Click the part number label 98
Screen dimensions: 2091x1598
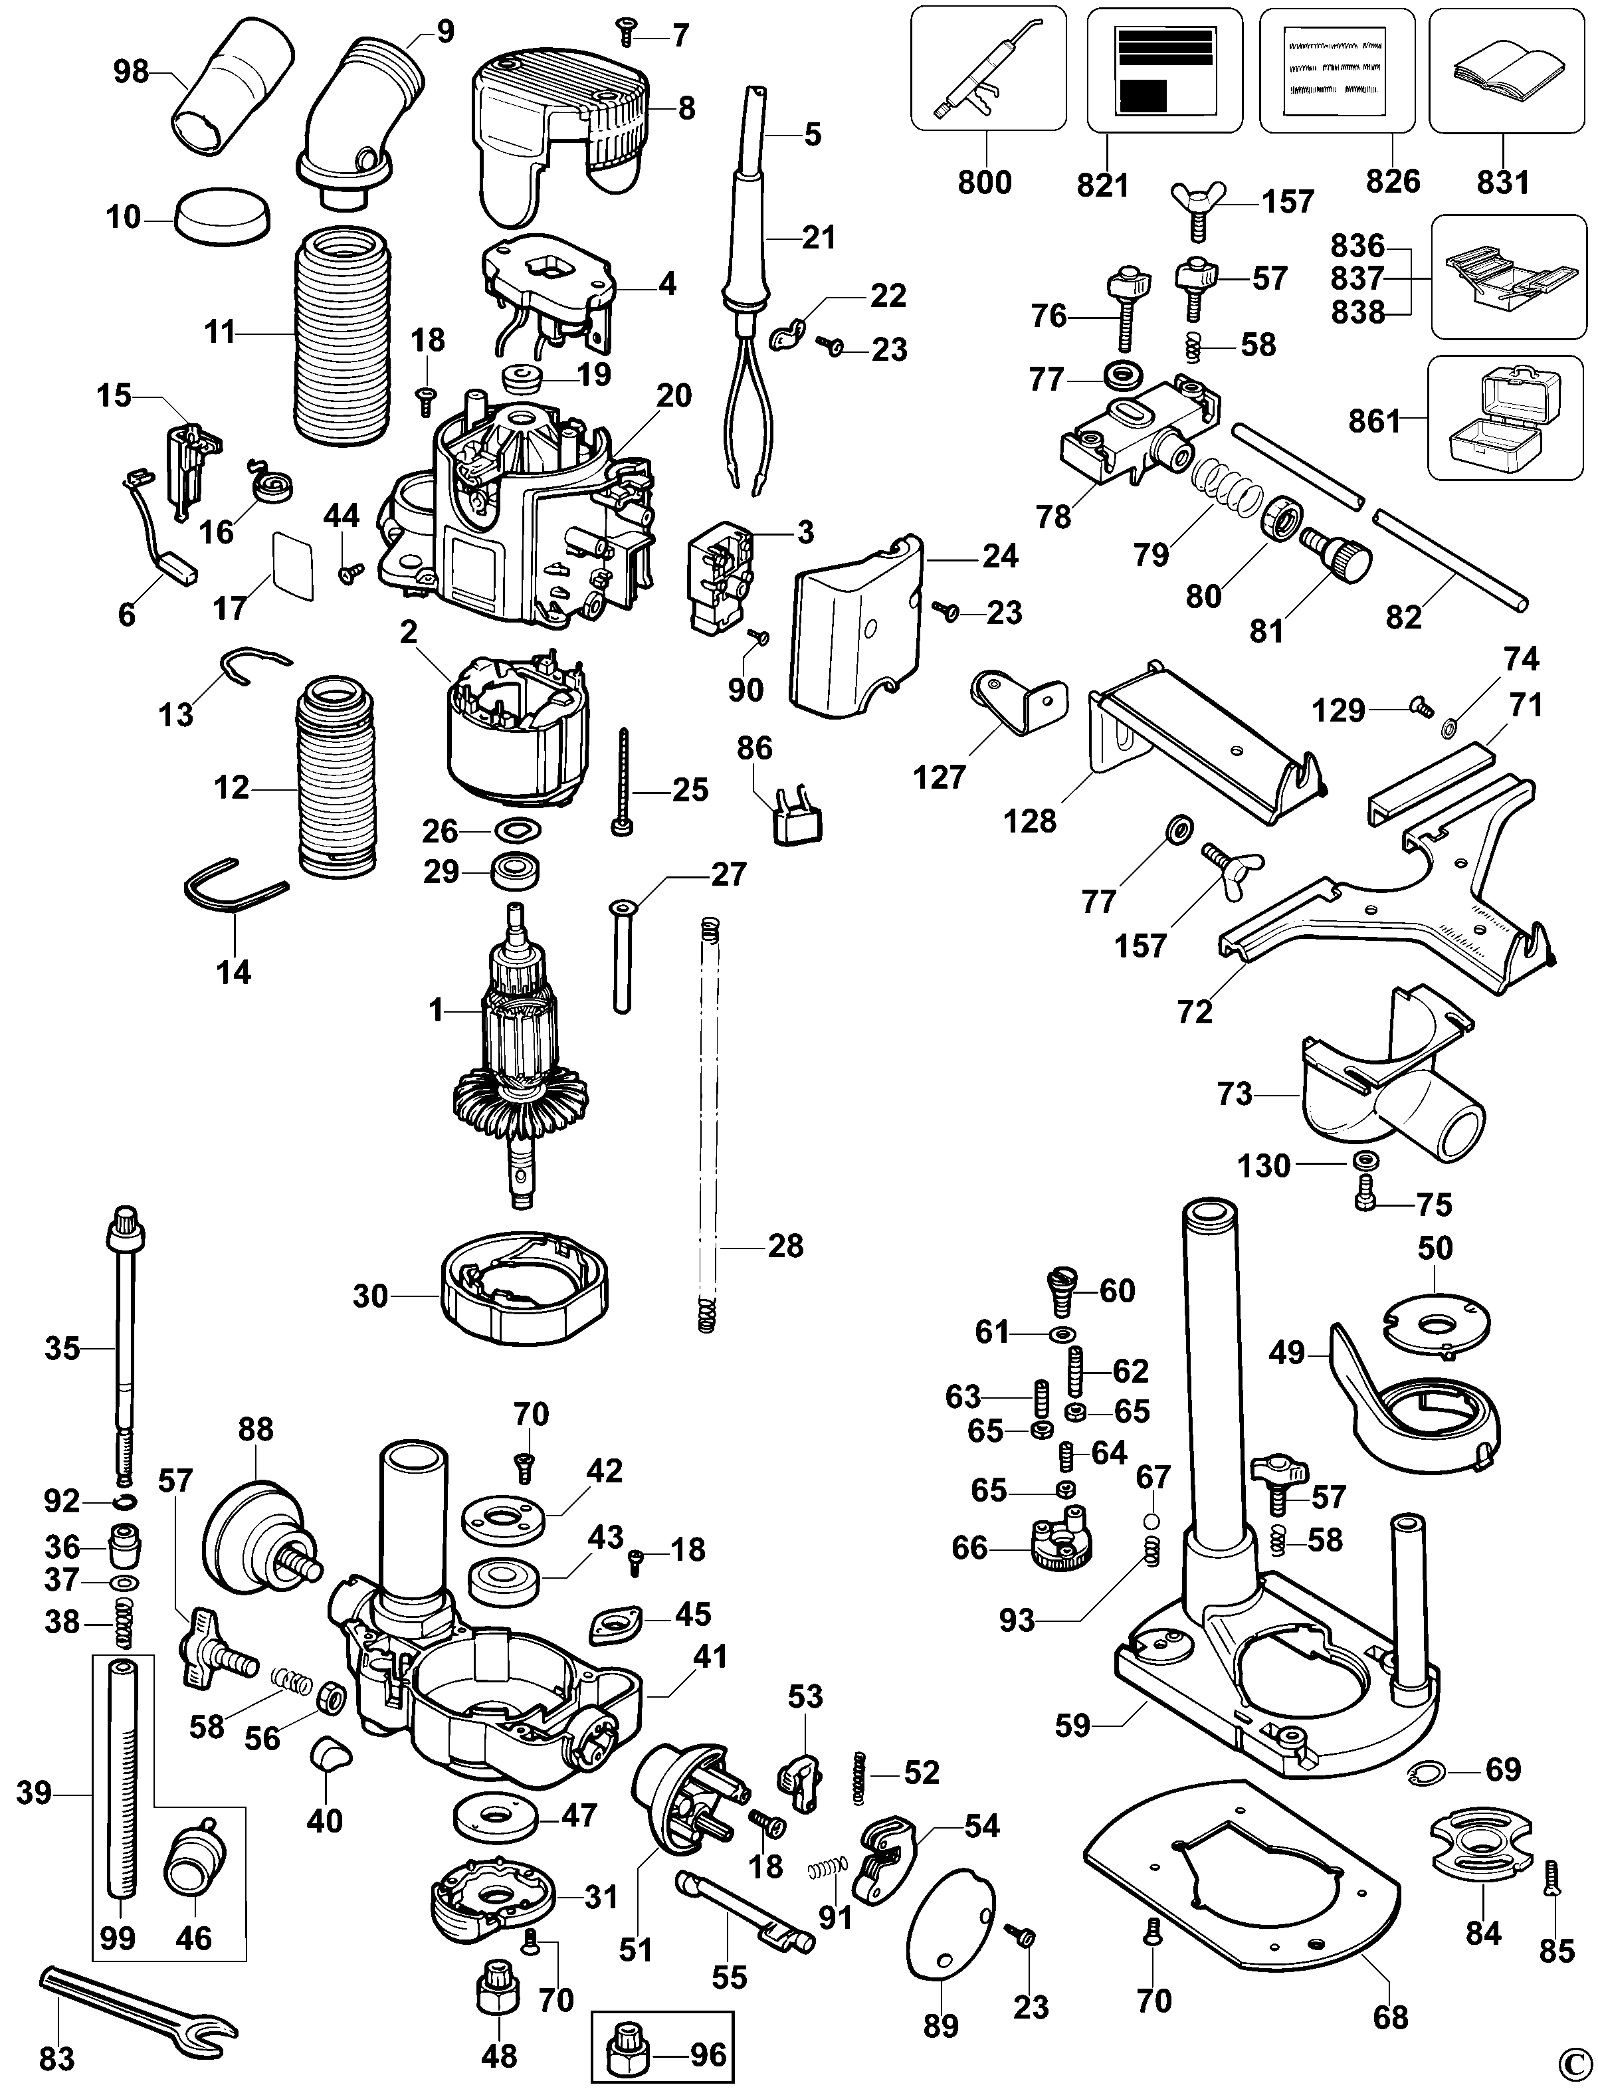pos(132,72)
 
